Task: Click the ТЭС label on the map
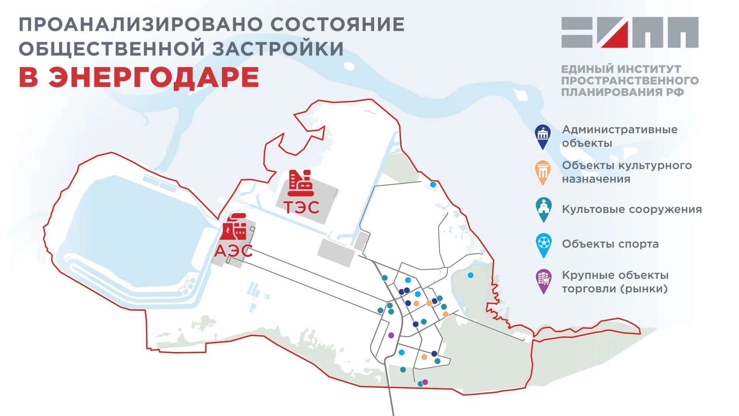(x=302, y=207)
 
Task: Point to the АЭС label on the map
(x=233, y=251)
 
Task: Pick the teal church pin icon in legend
(x=543, y=209)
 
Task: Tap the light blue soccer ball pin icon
(x=544, y=245)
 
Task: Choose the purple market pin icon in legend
(x=543, y=281)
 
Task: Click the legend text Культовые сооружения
(x=632, y=210)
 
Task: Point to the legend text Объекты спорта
(x=610, y=244)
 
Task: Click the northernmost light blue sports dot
(x=433, y=185)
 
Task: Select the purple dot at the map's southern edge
(x=425, y=382)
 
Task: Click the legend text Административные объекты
(x=619, y=136)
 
